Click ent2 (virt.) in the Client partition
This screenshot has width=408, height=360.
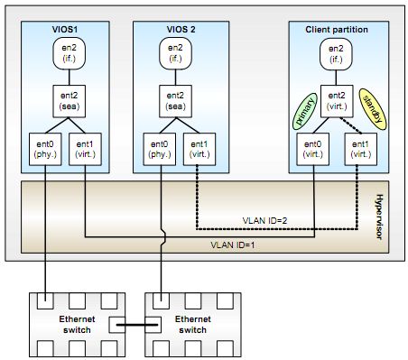(x=336, y=99)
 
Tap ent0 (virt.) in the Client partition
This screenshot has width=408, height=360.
(x=313, y=148)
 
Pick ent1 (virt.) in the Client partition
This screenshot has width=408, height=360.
(x=358, y=148)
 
